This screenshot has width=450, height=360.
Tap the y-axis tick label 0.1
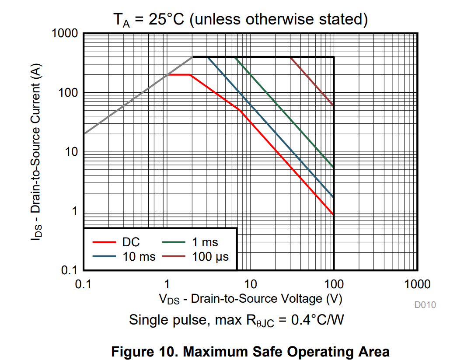69,270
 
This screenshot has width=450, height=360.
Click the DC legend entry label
131,242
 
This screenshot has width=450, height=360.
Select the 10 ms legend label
139,256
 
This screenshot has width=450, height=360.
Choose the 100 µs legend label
210,256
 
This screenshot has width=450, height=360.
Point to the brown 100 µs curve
311,80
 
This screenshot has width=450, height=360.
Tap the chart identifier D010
425,305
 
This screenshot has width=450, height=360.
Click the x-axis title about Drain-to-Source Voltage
250,299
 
